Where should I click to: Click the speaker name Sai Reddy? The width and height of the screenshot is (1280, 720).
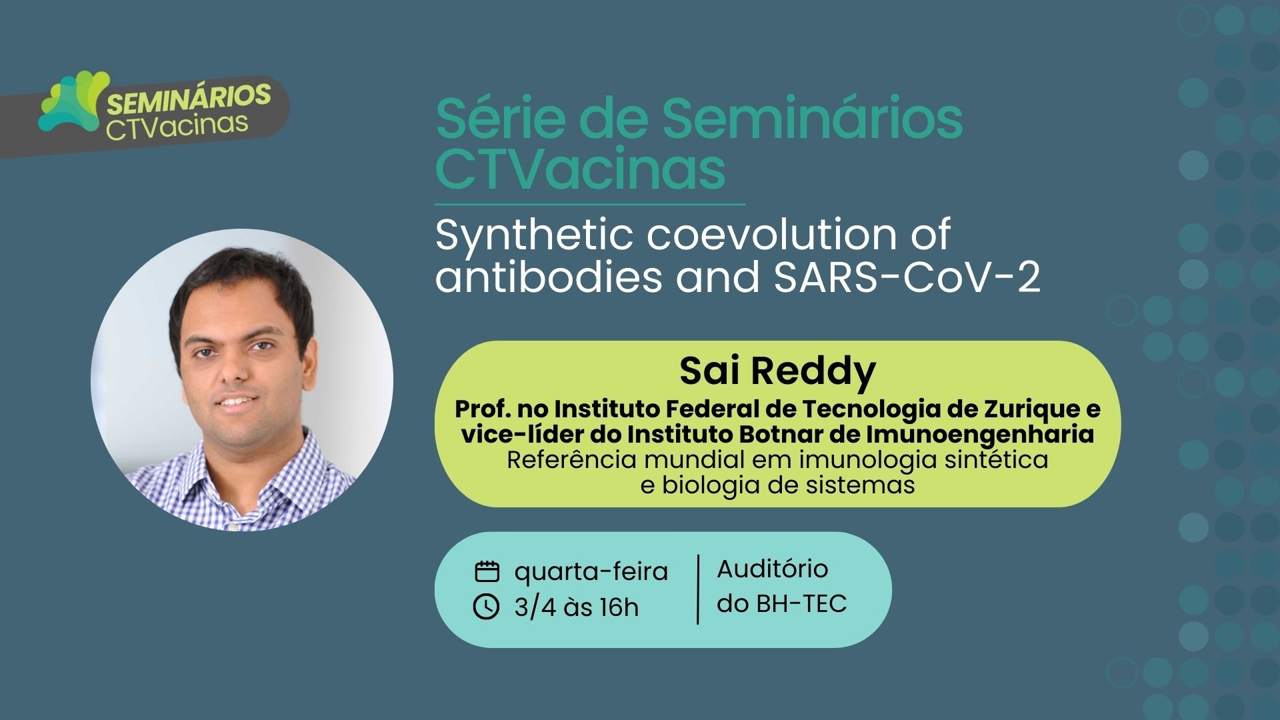(777, 372)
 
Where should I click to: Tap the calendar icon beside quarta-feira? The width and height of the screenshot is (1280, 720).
(487, 571)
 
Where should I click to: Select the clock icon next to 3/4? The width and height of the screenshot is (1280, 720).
(486, 607)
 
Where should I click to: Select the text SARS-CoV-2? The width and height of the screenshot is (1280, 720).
(907, 277)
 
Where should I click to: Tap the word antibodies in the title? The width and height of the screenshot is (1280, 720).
(549, 277)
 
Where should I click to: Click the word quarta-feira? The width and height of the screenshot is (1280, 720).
(591, 572)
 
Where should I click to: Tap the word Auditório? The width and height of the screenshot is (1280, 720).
(773, 569)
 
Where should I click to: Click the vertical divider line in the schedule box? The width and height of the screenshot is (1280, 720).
(698, 589)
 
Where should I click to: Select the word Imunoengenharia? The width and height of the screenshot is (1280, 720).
(980, 435)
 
